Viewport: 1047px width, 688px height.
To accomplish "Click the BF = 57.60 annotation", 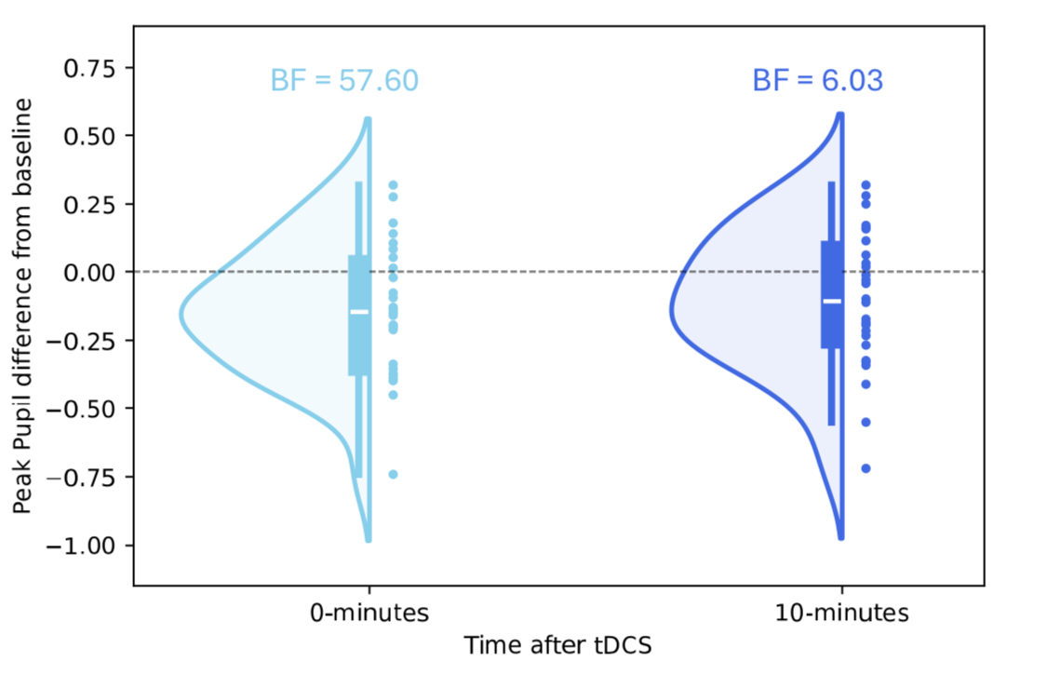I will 344,81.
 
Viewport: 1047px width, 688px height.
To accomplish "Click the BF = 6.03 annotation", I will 817,81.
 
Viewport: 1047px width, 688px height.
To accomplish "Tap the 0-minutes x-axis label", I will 369,614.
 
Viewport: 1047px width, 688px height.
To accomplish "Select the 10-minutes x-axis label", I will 841,614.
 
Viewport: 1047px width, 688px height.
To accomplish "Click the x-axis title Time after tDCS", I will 558,645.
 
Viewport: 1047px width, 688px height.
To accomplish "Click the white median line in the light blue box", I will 359,312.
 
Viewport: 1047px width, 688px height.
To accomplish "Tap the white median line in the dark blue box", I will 832,301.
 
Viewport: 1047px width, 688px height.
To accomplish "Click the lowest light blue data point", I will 393,474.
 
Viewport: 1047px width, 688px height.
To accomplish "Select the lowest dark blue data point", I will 866,468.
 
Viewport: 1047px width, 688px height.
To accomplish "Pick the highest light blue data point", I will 393,185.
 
